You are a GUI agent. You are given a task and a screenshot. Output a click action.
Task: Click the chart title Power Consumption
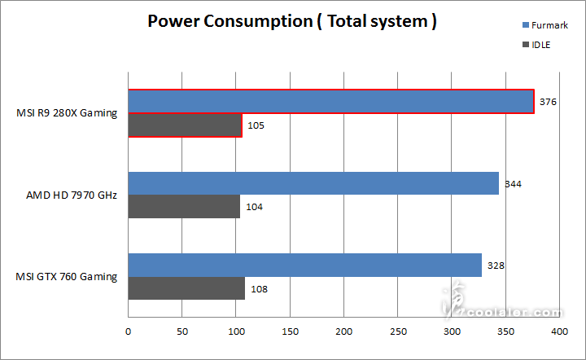pos(291,21)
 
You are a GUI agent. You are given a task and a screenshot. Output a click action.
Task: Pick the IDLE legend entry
pos(518,45)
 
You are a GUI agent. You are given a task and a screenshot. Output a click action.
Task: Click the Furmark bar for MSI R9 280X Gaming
pos(330,101)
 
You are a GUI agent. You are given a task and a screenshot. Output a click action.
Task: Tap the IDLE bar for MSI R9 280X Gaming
pos(185,125)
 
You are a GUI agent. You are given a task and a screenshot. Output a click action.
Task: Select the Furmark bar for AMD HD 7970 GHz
pos(313,183)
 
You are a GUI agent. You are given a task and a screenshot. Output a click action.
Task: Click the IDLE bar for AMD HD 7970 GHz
pos(184,207)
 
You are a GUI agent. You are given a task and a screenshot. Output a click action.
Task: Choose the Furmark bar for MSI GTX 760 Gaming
pos(304,265)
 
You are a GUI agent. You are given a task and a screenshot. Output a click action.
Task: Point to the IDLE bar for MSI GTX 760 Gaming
pos(186,288)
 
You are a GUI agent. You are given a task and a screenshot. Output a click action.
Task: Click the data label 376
pos(548,102)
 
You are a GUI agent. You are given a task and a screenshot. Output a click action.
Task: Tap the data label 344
pos(512,183)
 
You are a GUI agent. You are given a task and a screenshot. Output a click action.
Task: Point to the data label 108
pos(259,289)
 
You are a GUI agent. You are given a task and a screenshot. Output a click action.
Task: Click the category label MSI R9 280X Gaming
pos(66,113)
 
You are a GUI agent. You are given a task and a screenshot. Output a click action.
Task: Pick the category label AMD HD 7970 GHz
pos(72,195)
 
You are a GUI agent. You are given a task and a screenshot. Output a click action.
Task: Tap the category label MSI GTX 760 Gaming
pos(67,276)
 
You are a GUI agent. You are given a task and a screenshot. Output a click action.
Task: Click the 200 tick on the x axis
pos(343,332)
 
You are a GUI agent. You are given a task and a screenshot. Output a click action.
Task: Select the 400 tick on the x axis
pos(559,332)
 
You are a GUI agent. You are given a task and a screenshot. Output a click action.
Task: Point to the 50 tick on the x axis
pos(181,332)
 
